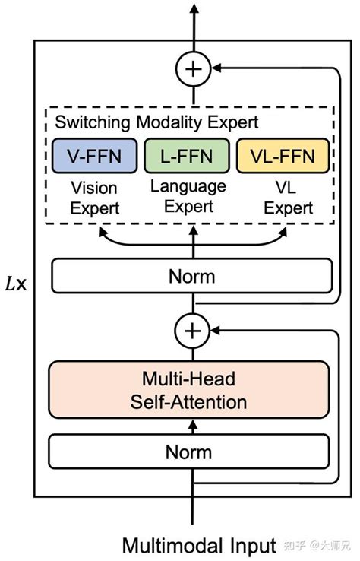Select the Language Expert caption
[x=188, y=195]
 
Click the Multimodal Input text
[x=199, y=545]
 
